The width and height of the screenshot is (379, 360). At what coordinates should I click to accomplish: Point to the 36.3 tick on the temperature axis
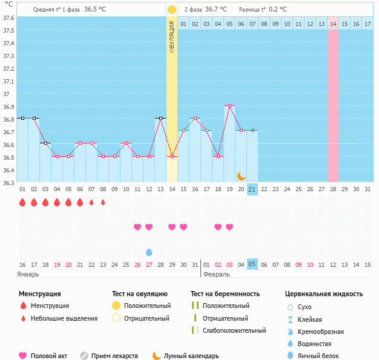tap(8, 183)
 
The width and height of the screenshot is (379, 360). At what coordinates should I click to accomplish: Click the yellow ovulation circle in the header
tap(172, 10)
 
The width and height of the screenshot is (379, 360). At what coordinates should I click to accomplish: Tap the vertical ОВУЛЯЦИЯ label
tap(172, 36)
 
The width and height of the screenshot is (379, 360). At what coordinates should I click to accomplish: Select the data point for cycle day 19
tap(229, 105)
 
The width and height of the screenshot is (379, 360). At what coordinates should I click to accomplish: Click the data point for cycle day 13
tap(160, 118)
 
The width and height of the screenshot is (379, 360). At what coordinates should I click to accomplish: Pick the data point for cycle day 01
tap(22, 118)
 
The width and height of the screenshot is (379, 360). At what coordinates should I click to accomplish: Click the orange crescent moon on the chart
tap(241, 175)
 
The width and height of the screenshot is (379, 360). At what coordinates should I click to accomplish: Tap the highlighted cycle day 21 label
tap(252, 189)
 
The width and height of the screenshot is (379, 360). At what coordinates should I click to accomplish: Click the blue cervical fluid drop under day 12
tap(149, 252)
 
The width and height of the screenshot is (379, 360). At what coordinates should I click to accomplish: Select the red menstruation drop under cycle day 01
tap(22, 203)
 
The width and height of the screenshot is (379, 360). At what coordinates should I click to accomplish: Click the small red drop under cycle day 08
tap(103, 203)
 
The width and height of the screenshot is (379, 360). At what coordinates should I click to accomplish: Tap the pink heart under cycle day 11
tap(137, 227)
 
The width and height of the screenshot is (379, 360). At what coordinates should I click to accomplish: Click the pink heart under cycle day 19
tap(229, 227)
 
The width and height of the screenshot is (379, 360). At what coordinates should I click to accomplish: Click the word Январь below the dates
tap(28, 273)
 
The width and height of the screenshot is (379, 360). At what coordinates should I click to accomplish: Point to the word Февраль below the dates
tap(216, 273)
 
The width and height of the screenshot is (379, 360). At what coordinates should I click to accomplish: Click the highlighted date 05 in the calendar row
tap(252, 264)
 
